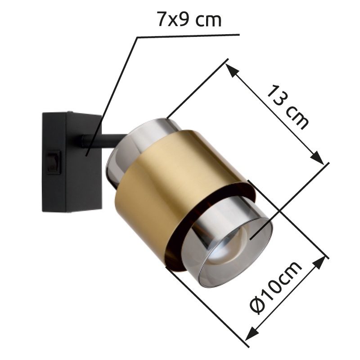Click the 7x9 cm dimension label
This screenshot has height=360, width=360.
(x=189, y=19)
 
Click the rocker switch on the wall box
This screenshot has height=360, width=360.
(x=54, y=162)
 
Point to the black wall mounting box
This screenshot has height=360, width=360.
(x=72, y=162)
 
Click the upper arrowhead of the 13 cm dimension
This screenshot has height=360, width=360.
(x=231, y=71)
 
